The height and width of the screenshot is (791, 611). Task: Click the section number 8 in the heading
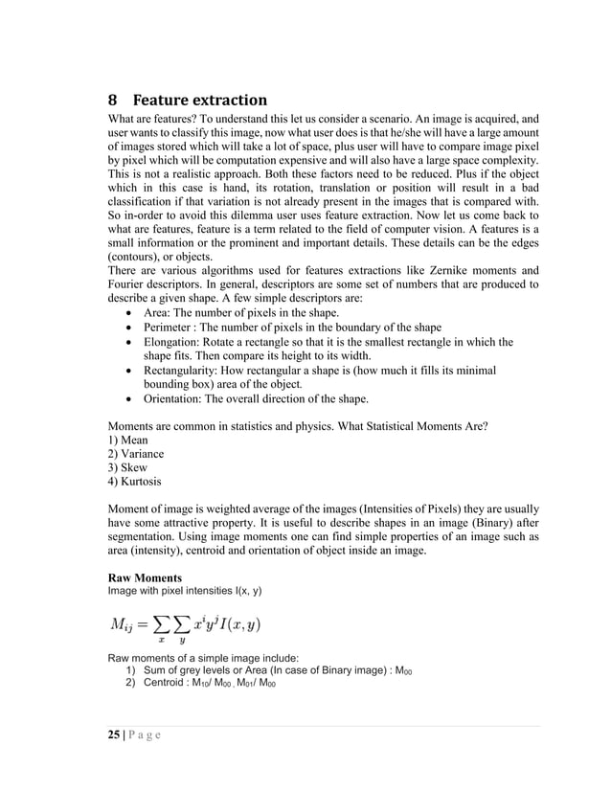[x=113, y=101]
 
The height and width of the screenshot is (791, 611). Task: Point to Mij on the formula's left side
[x=122, y=625]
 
